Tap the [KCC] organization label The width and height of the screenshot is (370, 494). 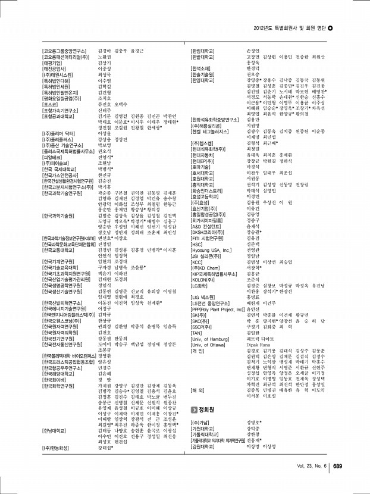197,262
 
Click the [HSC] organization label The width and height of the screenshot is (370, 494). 197,244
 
